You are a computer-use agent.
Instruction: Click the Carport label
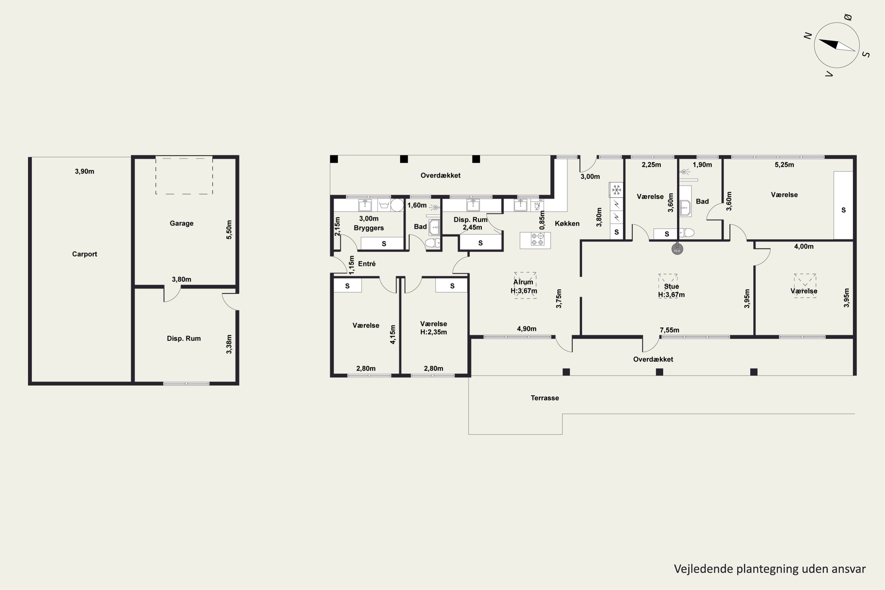pyautogui.click(x=85, y=254)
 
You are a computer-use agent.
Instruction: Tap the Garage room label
pyautogui.click(x=181, y=223)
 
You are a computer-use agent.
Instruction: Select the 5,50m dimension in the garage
pyautogui.click(x=229, y=230)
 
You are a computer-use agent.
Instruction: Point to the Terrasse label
pyautogui.click(x=545, y=398)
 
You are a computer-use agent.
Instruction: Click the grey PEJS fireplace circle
pyautogui.click(x=677, y=249)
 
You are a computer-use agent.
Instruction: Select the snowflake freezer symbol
pyautogui.click(x=616, y=190)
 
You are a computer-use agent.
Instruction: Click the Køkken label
pyautogui.click(x=567, y=224)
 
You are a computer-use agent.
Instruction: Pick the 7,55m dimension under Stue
pyautogui.click(x=669, y=330)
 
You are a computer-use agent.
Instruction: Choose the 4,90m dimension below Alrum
pyautogui.click(x=526, y=329)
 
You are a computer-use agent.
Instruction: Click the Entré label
pyautogui.click(x=367, y=264)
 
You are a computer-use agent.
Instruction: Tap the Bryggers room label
pyautogui.click(x=369, y=228)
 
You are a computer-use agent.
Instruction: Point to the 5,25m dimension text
pyautogui.click(x=784, y=164)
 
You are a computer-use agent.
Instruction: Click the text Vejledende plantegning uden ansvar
pyautogui.click(x=769, y=569)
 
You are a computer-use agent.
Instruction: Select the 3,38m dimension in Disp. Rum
pyautogui.click(x=229, y=344)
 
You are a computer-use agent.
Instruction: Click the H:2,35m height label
pyautogui.click(x=433, y=332)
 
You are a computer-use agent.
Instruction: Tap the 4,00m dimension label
pyautogui.click(x=804, y=246)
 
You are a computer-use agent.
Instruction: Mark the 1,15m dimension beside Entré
pyautogui.click(x=351, y=265)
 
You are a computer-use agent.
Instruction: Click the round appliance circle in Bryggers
pyautogui.click(x=397, y=205)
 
